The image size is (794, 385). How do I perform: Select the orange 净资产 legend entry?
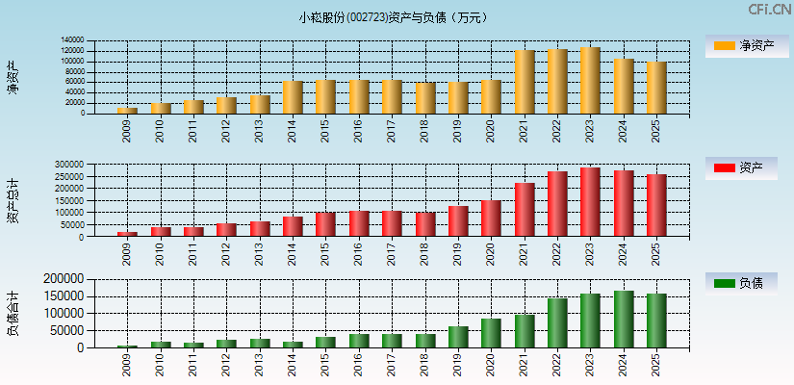pyautogui.click(x=745, y=46)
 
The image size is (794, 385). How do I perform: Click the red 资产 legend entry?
pyautogui.click(x=745, y=168)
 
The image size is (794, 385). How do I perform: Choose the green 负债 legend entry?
pyautogui.click(x=745, y=283)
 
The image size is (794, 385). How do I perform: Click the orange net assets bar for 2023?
pyautogui.click(x=590, y=81)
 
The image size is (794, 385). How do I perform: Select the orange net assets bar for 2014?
pyautogui.click(x=293, y=97)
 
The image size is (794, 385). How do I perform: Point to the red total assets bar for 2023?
pyautogui.click(x=590, y=202)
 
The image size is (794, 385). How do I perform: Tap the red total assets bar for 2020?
pyautogui.click(x=491, y=218)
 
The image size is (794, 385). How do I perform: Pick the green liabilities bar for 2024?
pyautogui.click(x=624, y=320)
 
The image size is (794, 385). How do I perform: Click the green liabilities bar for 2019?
pyautogui.click(x=458, y=337)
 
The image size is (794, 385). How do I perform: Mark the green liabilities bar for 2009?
pyautogui.click(x=128, y=346)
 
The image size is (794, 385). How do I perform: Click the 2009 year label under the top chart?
pyautogui.click(x=128, y=130)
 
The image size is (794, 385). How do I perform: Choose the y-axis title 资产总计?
pyautogui.click(x=13, y=202)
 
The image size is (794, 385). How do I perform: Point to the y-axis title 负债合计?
pyautogui.click(x=13, y=313)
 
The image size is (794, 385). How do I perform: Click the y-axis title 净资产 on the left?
pyautogui.click(x=13, y=77)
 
